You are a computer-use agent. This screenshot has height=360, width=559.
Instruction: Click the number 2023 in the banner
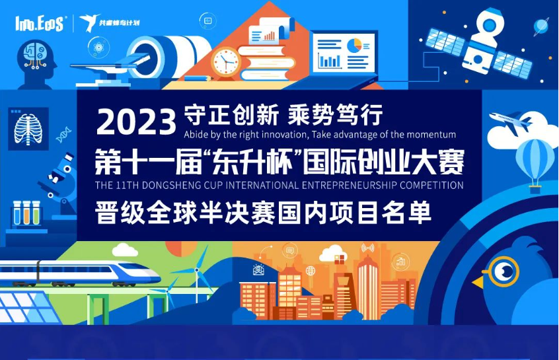pyautogui.click(x=136, y=122)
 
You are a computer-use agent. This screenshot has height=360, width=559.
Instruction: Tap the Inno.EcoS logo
pyautogui.click(x=39, y=24)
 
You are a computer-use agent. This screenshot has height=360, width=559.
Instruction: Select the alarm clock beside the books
pyautogui.click(x=226, y=62)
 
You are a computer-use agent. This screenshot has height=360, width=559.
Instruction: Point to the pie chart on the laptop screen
pyautogui.click(x=354, y=46)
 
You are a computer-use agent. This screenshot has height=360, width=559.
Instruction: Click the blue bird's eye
pyautogui.click(x=504, y=271)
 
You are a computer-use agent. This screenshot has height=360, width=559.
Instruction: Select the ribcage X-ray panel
pyautogui.click(x=28, y=129)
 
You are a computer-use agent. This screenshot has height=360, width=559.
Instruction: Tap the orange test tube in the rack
pyautogui.click(x=26, y=213)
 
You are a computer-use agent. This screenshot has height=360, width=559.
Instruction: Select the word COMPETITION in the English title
pyautogui.click(x=431, y=186)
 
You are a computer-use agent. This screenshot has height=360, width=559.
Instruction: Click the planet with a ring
pyautogui.click(x=541, y=26)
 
